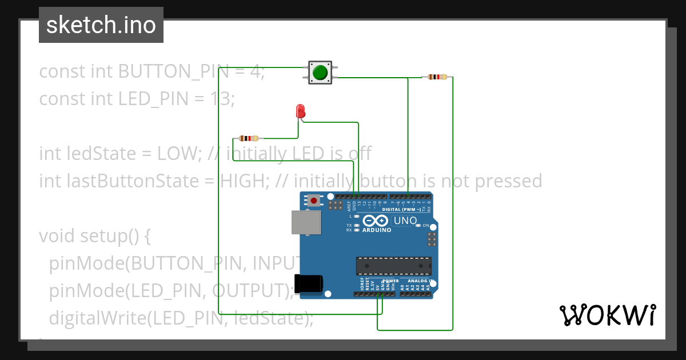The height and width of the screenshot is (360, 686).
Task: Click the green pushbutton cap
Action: [320, 73]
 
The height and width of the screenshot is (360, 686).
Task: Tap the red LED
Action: [300, 111]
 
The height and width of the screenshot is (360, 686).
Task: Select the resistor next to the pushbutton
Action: [437, 77]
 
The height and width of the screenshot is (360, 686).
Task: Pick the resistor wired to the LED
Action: [248, 138]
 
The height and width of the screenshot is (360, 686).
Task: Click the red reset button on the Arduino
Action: [313, 200]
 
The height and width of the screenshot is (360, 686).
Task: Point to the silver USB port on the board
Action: [306, 223]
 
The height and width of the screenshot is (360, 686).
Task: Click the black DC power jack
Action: [308, 284]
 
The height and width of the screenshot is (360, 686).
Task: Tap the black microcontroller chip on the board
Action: [393, 266]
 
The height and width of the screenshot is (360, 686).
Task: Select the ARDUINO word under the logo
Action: [377, 230]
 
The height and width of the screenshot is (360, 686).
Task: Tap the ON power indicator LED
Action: [418, 226]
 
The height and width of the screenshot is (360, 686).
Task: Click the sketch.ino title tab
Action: [101, 25]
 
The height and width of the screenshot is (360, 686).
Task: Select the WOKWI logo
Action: [607, 315]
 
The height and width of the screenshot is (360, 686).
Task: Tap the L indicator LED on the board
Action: [357, 217]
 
